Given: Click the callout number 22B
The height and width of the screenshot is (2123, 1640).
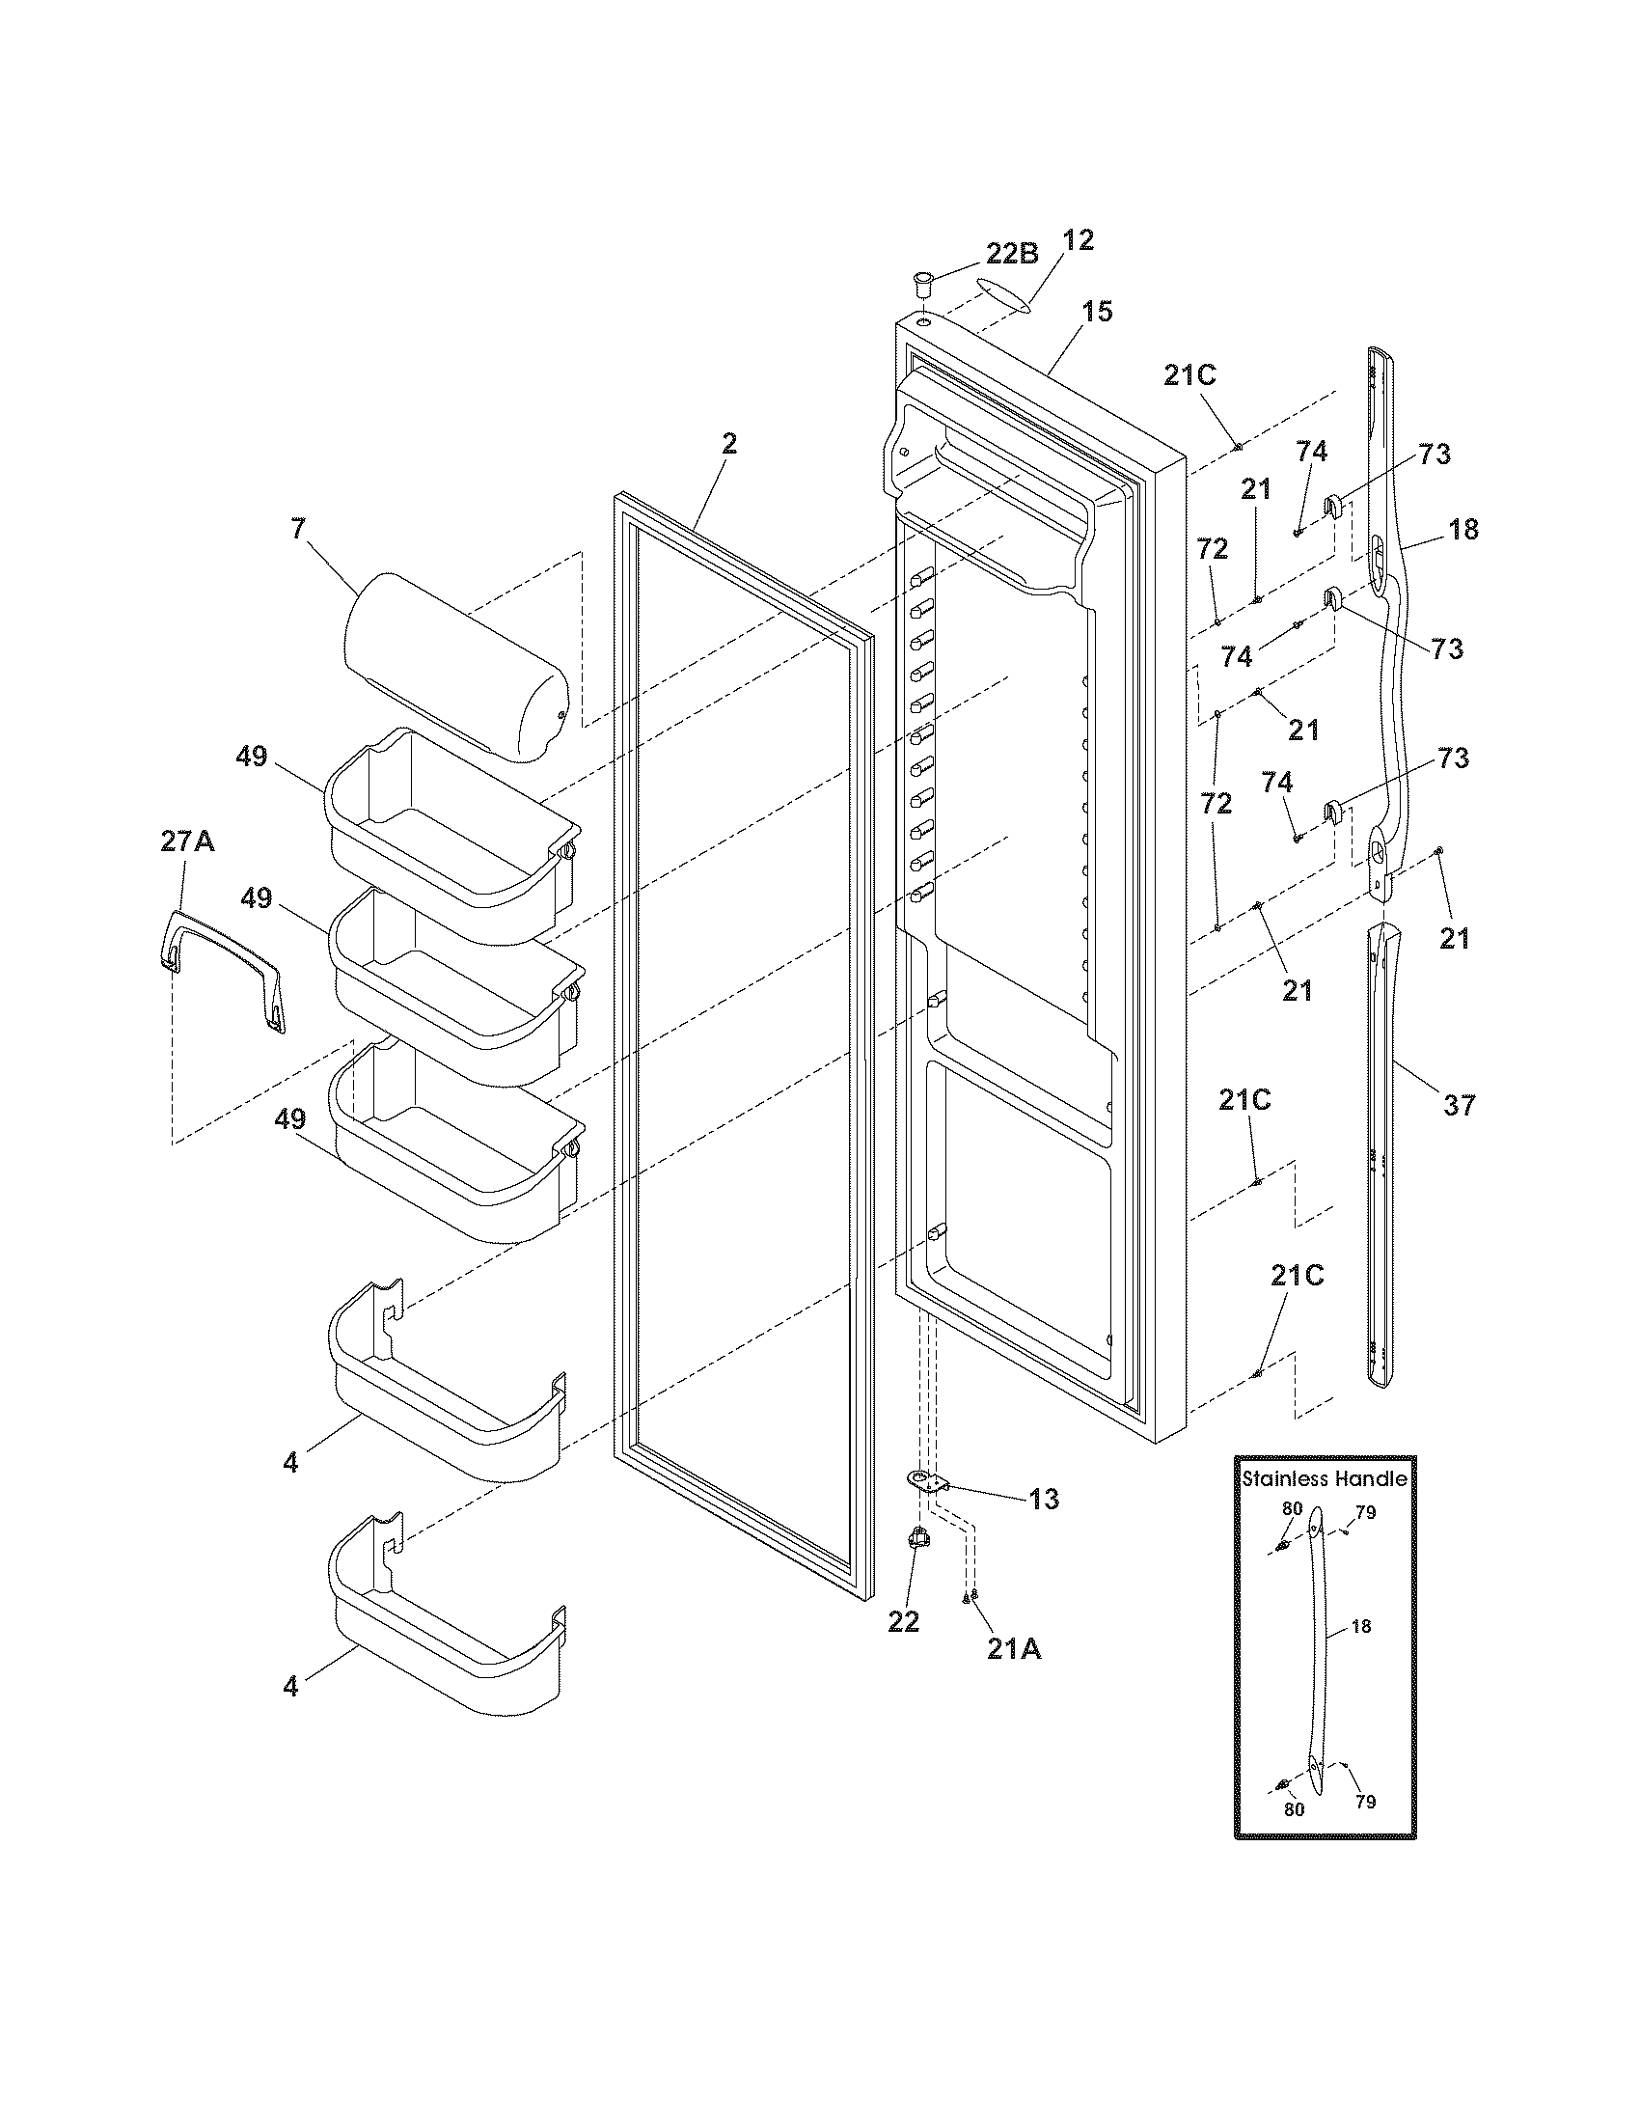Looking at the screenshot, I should [x=1011, y=254].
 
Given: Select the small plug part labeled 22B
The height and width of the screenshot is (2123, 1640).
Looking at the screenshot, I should [x=921, y=287].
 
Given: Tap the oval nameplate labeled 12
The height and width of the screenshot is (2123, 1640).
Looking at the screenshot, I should [x=1002, y=295].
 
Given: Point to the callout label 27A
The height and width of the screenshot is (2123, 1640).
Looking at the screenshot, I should [x=187, y=841].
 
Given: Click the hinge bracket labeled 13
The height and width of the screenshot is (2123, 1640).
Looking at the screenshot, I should [x=928, y=1481].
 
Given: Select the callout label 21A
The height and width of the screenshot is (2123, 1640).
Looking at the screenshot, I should [x=1013, y=1648].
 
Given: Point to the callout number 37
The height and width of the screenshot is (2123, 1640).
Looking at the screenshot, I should [x=1459, y=1104].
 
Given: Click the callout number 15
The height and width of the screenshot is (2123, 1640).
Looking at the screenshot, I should [x=1097, y=312].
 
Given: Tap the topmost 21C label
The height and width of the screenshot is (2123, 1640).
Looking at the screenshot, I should [x=1190, y=375].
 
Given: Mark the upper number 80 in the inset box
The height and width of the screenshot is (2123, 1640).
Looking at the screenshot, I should [x=1291, y=1507].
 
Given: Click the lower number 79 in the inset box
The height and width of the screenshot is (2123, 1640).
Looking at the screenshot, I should [x=1365, y=1801].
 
